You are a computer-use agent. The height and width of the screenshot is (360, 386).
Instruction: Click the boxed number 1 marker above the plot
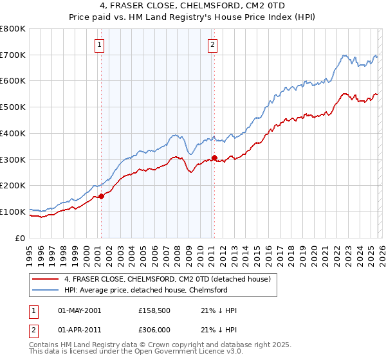point(100,45)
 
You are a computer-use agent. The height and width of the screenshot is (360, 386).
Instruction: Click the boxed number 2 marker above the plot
point(213,45)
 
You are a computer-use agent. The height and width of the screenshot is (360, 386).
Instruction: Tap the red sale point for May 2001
point(101,197)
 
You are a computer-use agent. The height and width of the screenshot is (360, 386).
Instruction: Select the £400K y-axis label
point(13,133)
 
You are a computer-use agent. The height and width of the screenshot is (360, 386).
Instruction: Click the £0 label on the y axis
point(21,238)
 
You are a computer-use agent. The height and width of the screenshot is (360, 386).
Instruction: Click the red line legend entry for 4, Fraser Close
point(170,279)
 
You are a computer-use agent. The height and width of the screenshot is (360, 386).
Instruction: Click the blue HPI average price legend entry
point(145,290)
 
